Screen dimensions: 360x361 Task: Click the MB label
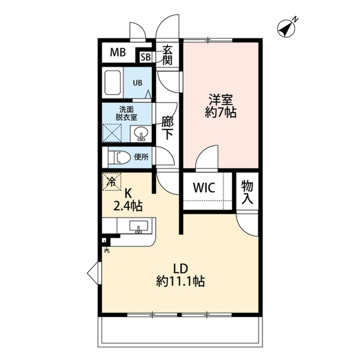tap(118, 53)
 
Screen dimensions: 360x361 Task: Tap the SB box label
tap(145, 57)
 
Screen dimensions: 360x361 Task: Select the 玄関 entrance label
tap(167, 55)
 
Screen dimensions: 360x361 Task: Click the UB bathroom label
tap(137, 82)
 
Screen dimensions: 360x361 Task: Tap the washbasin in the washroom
tap(141, 134)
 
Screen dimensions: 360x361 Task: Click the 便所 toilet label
tap(141, 157)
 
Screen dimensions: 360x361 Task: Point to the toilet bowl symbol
tap(118, 157)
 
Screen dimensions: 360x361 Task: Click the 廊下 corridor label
tap(168, 127)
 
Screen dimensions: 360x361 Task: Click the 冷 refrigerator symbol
tap(112, 182)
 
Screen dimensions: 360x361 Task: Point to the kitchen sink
tap(138, 226)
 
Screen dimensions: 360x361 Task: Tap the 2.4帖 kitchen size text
tap(127, 207)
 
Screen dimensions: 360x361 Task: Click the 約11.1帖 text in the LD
tap(180, 281)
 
